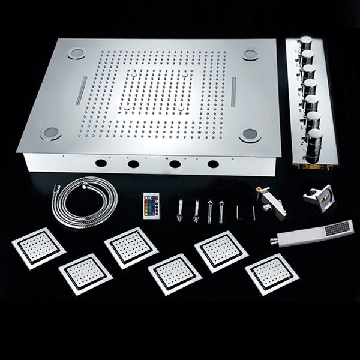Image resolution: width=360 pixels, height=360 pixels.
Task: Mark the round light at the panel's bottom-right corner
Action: (x=248, y=134)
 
